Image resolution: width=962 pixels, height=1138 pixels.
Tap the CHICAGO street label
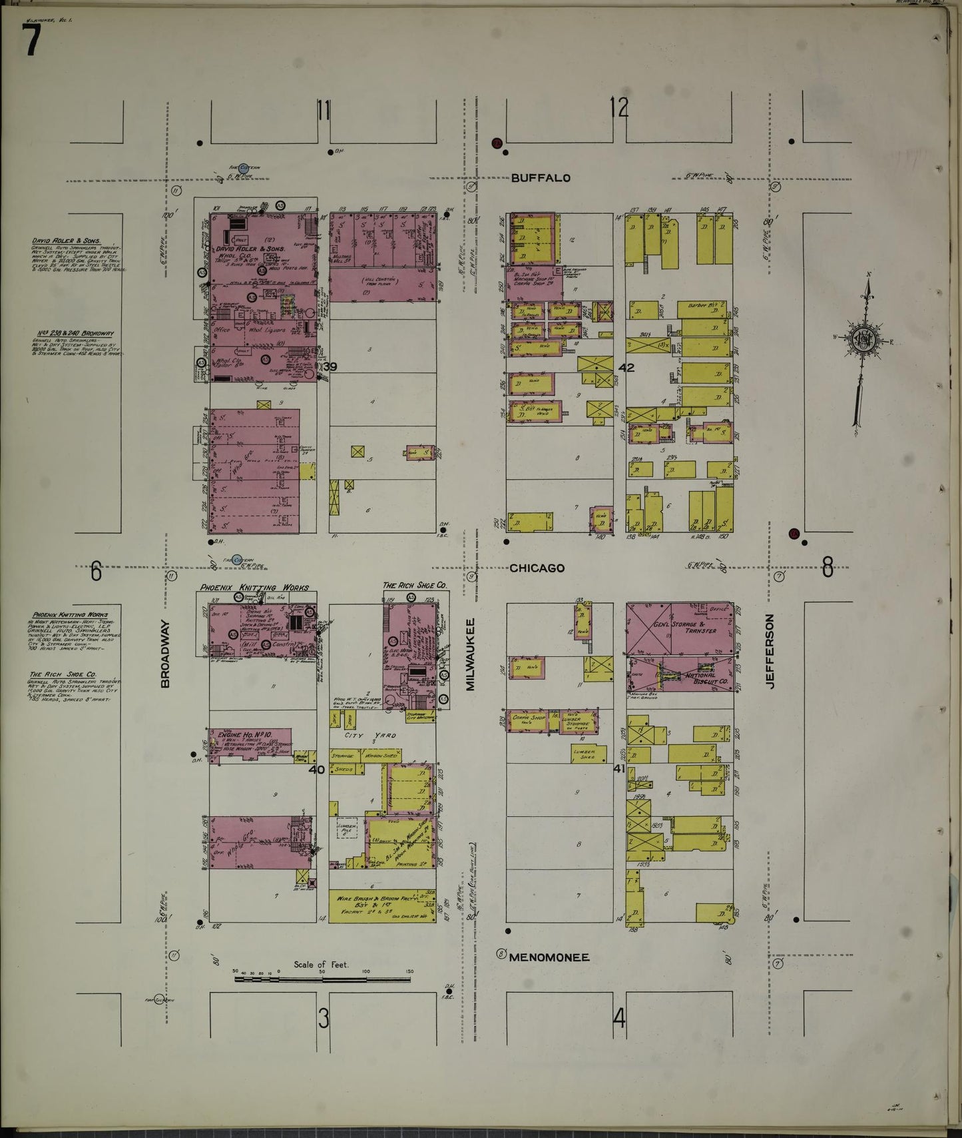pos(537,568)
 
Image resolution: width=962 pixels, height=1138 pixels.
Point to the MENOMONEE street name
pos(549,957)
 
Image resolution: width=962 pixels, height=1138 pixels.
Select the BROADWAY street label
pos(166,654)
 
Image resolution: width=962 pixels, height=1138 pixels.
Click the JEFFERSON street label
pos(771,651)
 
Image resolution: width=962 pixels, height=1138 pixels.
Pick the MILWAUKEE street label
pos(470,654)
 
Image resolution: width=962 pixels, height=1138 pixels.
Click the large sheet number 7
pos(33,44)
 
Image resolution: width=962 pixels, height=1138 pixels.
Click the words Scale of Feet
pos(321,964)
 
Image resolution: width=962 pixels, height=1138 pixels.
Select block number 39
pos(330,367)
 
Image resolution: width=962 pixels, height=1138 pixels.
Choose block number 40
pos(317,770)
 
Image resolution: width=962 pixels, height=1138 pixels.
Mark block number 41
pos(619,768)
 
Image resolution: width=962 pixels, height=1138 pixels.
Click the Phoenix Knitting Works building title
pos(255,588)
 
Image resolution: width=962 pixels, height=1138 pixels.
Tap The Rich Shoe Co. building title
pos(414,585)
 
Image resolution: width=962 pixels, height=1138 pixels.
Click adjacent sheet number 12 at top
pos(619,107)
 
